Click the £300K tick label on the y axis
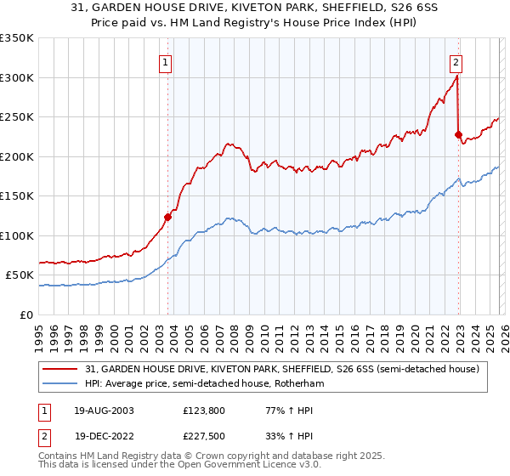pyautogui.click(x=17, y=77)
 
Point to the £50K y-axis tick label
pyautogui.click(x=20, y=275)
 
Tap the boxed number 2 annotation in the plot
pyautogui.click(x=456, y=61)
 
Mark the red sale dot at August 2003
pyautogui.click(x=167, y=217)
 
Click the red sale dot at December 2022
pyautogui.click(x=459, y=134)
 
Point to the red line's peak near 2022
pyautogui.click(x=457, y=76)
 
